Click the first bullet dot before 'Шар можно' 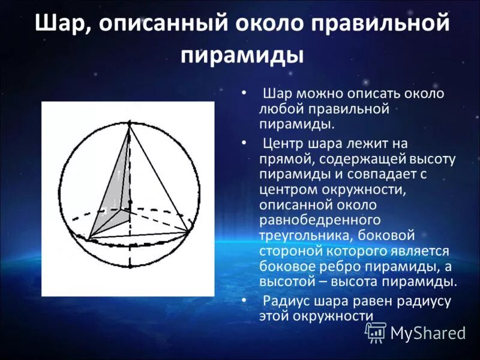coord(243,94)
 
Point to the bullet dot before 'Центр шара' coord(243,143)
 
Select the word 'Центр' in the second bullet coord(285,143)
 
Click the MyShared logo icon coord(376,332)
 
